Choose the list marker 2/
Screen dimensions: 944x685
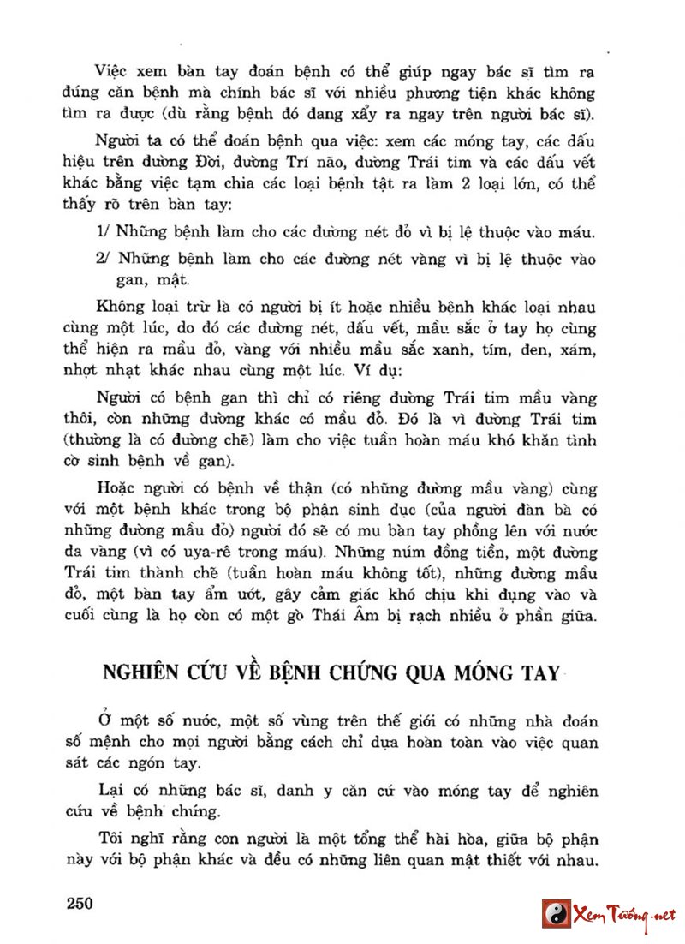click(x=103, y=258)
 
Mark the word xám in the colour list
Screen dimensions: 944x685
click(x=580, y=350)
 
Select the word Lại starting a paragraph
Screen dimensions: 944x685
click(x=111, y=791)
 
